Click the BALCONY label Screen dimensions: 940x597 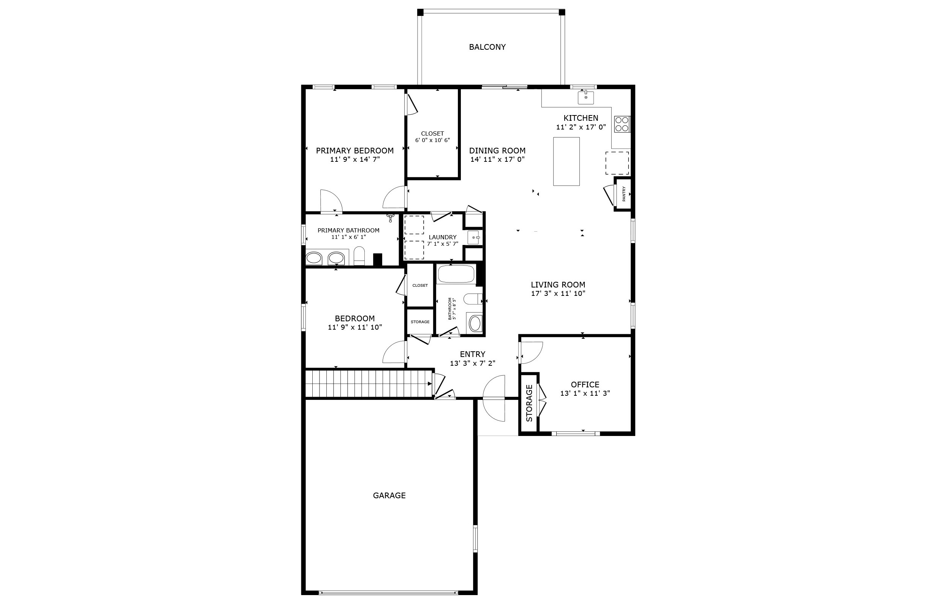tap(487, 47)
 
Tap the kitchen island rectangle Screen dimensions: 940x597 tap(566, 161)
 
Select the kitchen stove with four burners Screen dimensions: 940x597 tap(622, 124)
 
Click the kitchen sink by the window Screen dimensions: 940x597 tap(586, 98)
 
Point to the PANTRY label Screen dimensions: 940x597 tap(624, 194)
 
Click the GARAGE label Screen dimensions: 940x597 tap(389, 496)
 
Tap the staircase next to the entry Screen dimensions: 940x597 tap(369, 384)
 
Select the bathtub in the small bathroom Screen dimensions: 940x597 tap(456, 274)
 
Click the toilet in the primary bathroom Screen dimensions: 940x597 tap(359, 256)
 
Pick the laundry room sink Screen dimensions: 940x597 tap(473, 237)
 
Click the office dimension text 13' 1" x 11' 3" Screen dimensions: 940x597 tap(585, 393)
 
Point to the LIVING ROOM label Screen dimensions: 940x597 tap(558, 285)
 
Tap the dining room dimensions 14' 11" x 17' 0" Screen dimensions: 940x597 tap(497, 159)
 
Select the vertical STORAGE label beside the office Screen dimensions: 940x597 tap(529, 403)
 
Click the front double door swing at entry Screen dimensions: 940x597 tap(494, 398)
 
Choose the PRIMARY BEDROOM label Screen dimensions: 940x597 tap(354, 151)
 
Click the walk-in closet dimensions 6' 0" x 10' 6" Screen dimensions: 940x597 tap(432, 140)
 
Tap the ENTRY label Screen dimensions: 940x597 tap(472, 354)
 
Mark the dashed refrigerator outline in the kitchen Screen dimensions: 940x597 tap(617, 163)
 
